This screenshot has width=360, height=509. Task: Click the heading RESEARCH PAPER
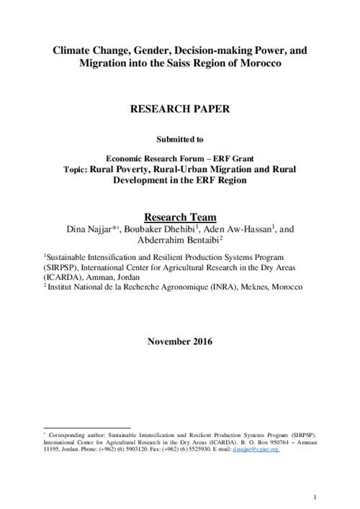[180, 112]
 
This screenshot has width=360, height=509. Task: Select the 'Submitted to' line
[180, 139]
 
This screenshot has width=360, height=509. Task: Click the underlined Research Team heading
[180, 217]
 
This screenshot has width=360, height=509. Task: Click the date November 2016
[180, 340]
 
